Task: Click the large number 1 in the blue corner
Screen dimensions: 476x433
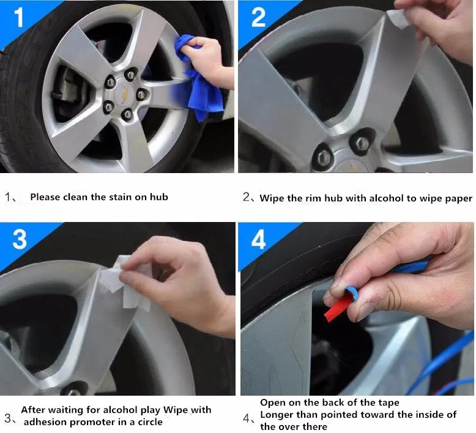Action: pos(19,17)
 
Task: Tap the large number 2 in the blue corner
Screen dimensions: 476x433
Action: pos(258,17)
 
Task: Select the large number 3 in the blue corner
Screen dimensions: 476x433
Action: pos(20,239)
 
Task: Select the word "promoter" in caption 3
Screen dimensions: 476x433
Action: pos(97,423)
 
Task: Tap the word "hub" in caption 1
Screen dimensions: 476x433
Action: pos(158,197)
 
